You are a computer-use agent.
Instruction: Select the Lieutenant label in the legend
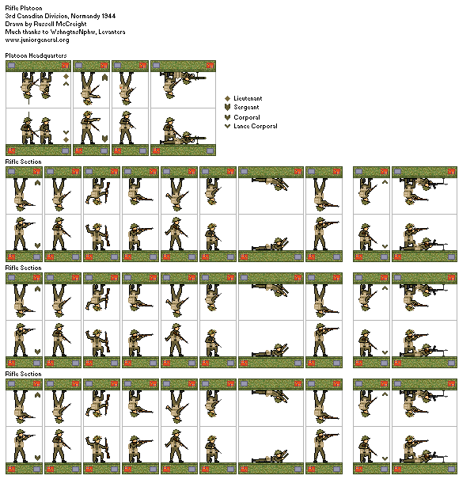(248, 98)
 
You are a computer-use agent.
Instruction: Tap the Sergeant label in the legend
(246, 107)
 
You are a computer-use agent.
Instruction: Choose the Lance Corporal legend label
(256, 126)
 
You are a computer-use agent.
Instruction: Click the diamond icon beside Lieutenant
(228, 98)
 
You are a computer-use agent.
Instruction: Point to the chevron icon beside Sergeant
(228, 107)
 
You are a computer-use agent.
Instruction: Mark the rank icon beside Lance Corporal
(228, 126)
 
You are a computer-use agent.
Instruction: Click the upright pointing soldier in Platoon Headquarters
(90, 127)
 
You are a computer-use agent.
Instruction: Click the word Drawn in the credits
(13, 24)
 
